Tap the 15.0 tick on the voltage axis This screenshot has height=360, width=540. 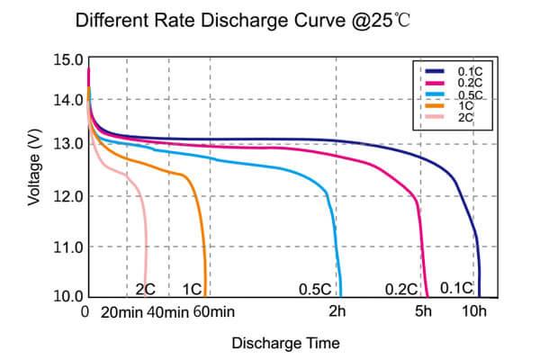[69, 60]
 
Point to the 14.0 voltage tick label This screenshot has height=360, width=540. [69, 100]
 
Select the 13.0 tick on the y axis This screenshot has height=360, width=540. [69, 144]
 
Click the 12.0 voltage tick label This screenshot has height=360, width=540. [69, 196]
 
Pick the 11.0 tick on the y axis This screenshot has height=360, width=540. [69, 247]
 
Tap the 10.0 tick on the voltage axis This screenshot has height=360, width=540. [69, 296]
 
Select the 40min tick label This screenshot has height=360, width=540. [166, 313]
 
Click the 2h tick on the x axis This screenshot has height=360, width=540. [337, 313]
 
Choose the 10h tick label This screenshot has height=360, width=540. [474, 313]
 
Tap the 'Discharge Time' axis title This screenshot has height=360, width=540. [285, 343]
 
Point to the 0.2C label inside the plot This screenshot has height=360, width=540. [400, 289]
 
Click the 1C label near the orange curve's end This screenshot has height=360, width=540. [192, 289]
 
